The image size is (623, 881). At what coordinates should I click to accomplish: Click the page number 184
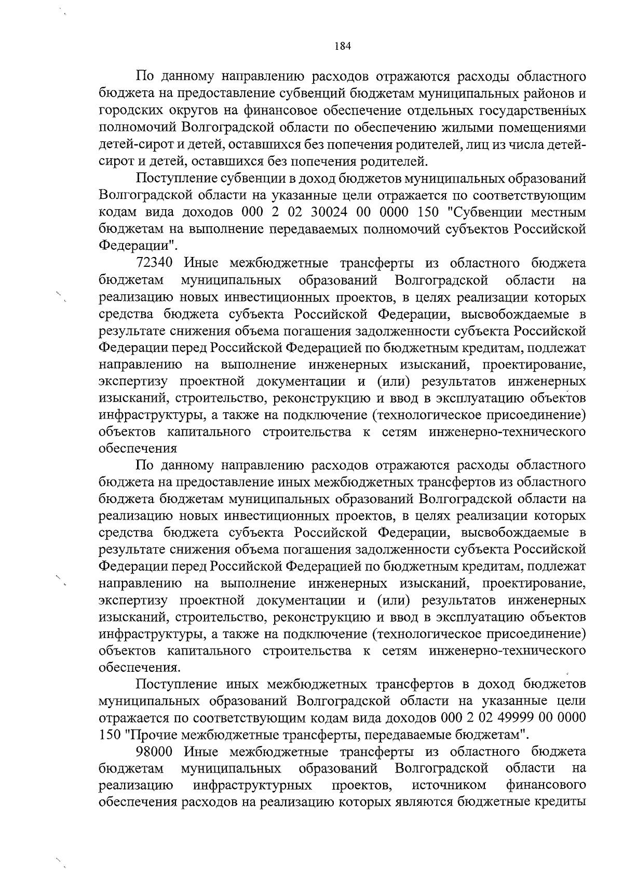[x=343, y=46]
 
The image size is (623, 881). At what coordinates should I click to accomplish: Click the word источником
[x=449, y=785]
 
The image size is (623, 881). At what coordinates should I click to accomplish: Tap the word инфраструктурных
[x=252, y=785]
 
